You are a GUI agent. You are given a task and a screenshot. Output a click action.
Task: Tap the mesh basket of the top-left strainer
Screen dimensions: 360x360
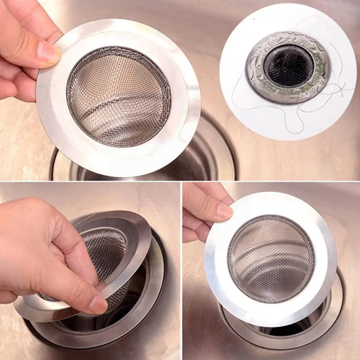(119, 97)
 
